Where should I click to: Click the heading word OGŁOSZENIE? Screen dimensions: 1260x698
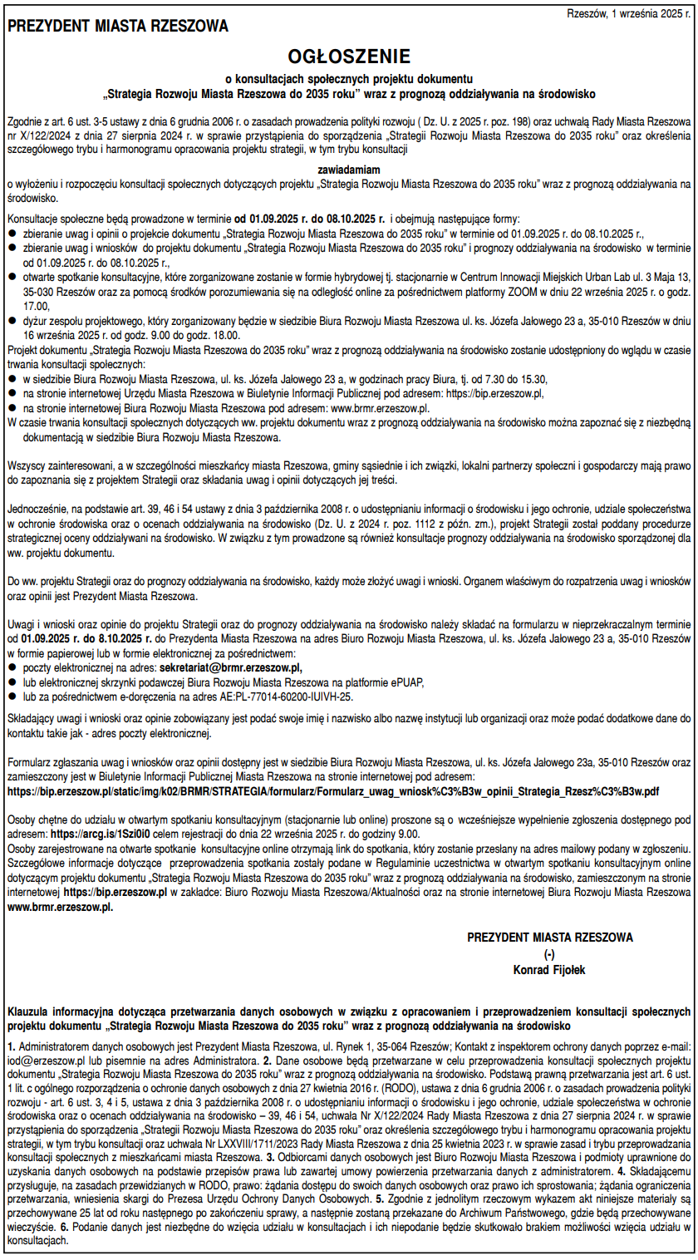click(x=349, y=57)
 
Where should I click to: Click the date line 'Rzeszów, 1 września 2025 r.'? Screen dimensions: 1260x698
click(x=627, y=13)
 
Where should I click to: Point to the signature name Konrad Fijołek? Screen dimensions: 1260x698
click(x=549, y=967)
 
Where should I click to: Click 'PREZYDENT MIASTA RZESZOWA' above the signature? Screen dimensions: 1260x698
click(x=549, y=937)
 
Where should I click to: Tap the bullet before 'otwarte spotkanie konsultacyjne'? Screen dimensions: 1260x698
click(x=12, y=275)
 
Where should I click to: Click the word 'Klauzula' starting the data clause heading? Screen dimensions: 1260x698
click(x=32, y=1011)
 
